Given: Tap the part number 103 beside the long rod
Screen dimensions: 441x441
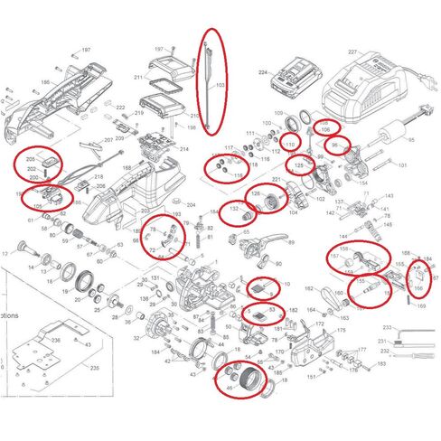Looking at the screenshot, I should (x=220, y=86).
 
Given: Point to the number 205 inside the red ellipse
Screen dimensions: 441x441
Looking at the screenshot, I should (x=30, y=159).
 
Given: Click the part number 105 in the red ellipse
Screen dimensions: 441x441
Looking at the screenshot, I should (x=38, y=207).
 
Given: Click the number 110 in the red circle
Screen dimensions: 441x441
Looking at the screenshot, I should (x=290, y=145).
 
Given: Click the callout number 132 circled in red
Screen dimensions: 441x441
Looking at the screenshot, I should (x=233, y=209).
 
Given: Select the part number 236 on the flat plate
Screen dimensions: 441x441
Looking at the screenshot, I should (x=56, y=340).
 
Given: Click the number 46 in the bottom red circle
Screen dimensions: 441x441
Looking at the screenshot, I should (x=229, y=388).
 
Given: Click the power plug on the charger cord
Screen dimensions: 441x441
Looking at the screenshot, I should (x=422, y=115).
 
